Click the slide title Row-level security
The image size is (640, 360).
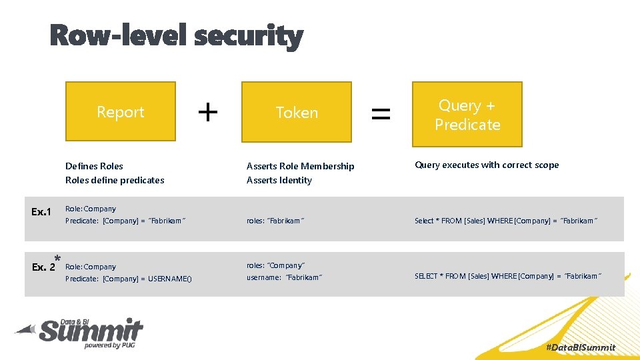(177, 35)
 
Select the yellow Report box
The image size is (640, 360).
(121, 111)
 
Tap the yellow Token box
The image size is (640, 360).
(296, 112)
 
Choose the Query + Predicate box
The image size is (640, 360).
(467, 114)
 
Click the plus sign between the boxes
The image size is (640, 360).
(208, 112)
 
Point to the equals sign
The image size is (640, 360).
(381, 113)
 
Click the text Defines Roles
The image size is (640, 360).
(94, 166)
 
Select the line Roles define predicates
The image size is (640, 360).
(115, 180)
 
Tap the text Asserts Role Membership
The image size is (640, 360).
(300, 166)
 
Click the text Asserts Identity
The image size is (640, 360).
(279, 180)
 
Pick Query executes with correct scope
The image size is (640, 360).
(487, 165)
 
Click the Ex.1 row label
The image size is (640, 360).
(41, 212)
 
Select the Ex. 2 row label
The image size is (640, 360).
(43, 267)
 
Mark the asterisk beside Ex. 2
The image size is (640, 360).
(58, 259)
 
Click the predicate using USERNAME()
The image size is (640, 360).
(128, 279)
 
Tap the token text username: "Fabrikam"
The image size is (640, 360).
(285, 277)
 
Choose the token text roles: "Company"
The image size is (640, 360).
(275, 265)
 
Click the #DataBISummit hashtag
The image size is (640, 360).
(580, 347)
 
